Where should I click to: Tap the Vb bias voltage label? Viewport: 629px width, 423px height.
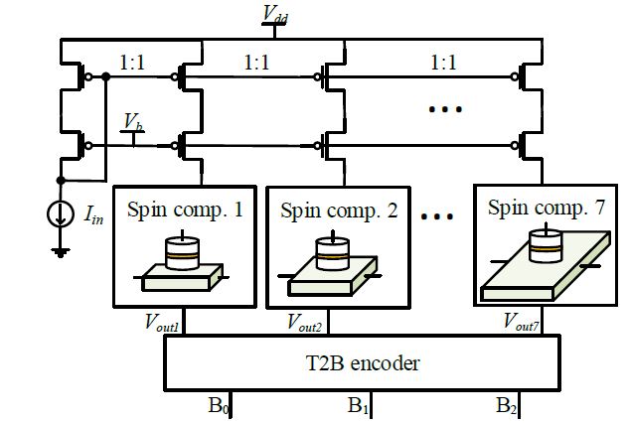131,121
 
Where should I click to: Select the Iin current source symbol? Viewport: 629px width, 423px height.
63,212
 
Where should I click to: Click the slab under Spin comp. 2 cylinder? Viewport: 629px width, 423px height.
332,279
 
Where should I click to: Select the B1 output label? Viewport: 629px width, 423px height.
359,407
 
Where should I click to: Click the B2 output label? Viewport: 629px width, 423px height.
508,407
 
